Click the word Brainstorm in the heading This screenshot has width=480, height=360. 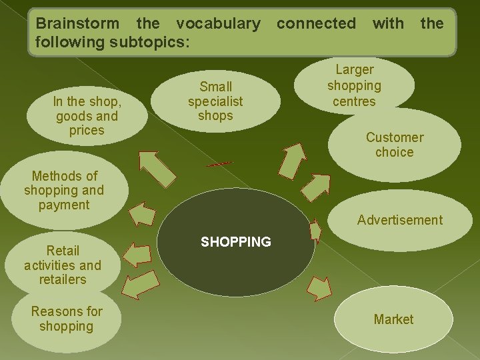click(77, 24)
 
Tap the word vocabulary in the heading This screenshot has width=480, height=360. click(218, 24)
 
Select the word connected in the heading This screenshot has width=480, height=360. click(316, 24)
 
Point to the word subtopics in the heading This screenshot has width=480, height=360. click(151, 41)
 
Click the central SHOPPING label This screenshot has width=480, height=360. click(236, 242)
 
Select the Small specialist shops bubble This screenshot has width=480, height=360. click(215, 101)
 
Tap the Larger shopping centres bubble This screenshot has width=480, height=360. click(354, 85)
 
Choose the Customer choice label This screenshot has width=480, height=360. click(394, 145)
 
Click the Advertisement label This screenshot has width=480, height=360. click(399, 220)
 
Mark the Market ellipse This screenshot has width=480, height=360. click(393, 319)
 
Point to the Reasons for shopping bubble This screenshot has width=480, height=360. click(67, 319)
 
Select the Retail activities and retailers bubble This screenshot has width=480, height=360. click(63, 265)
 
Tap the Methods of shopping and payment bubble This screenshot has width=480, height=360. click(64, 191)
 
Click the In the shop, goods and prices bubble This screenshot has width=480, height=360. click(87, 116)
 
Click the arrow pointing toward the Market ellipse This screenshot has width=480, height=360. click(319, 288)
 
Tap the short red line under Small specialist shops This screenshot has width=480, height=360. click(219, 164)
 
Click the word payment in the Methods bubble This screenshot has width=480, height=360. click(64, 205)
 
